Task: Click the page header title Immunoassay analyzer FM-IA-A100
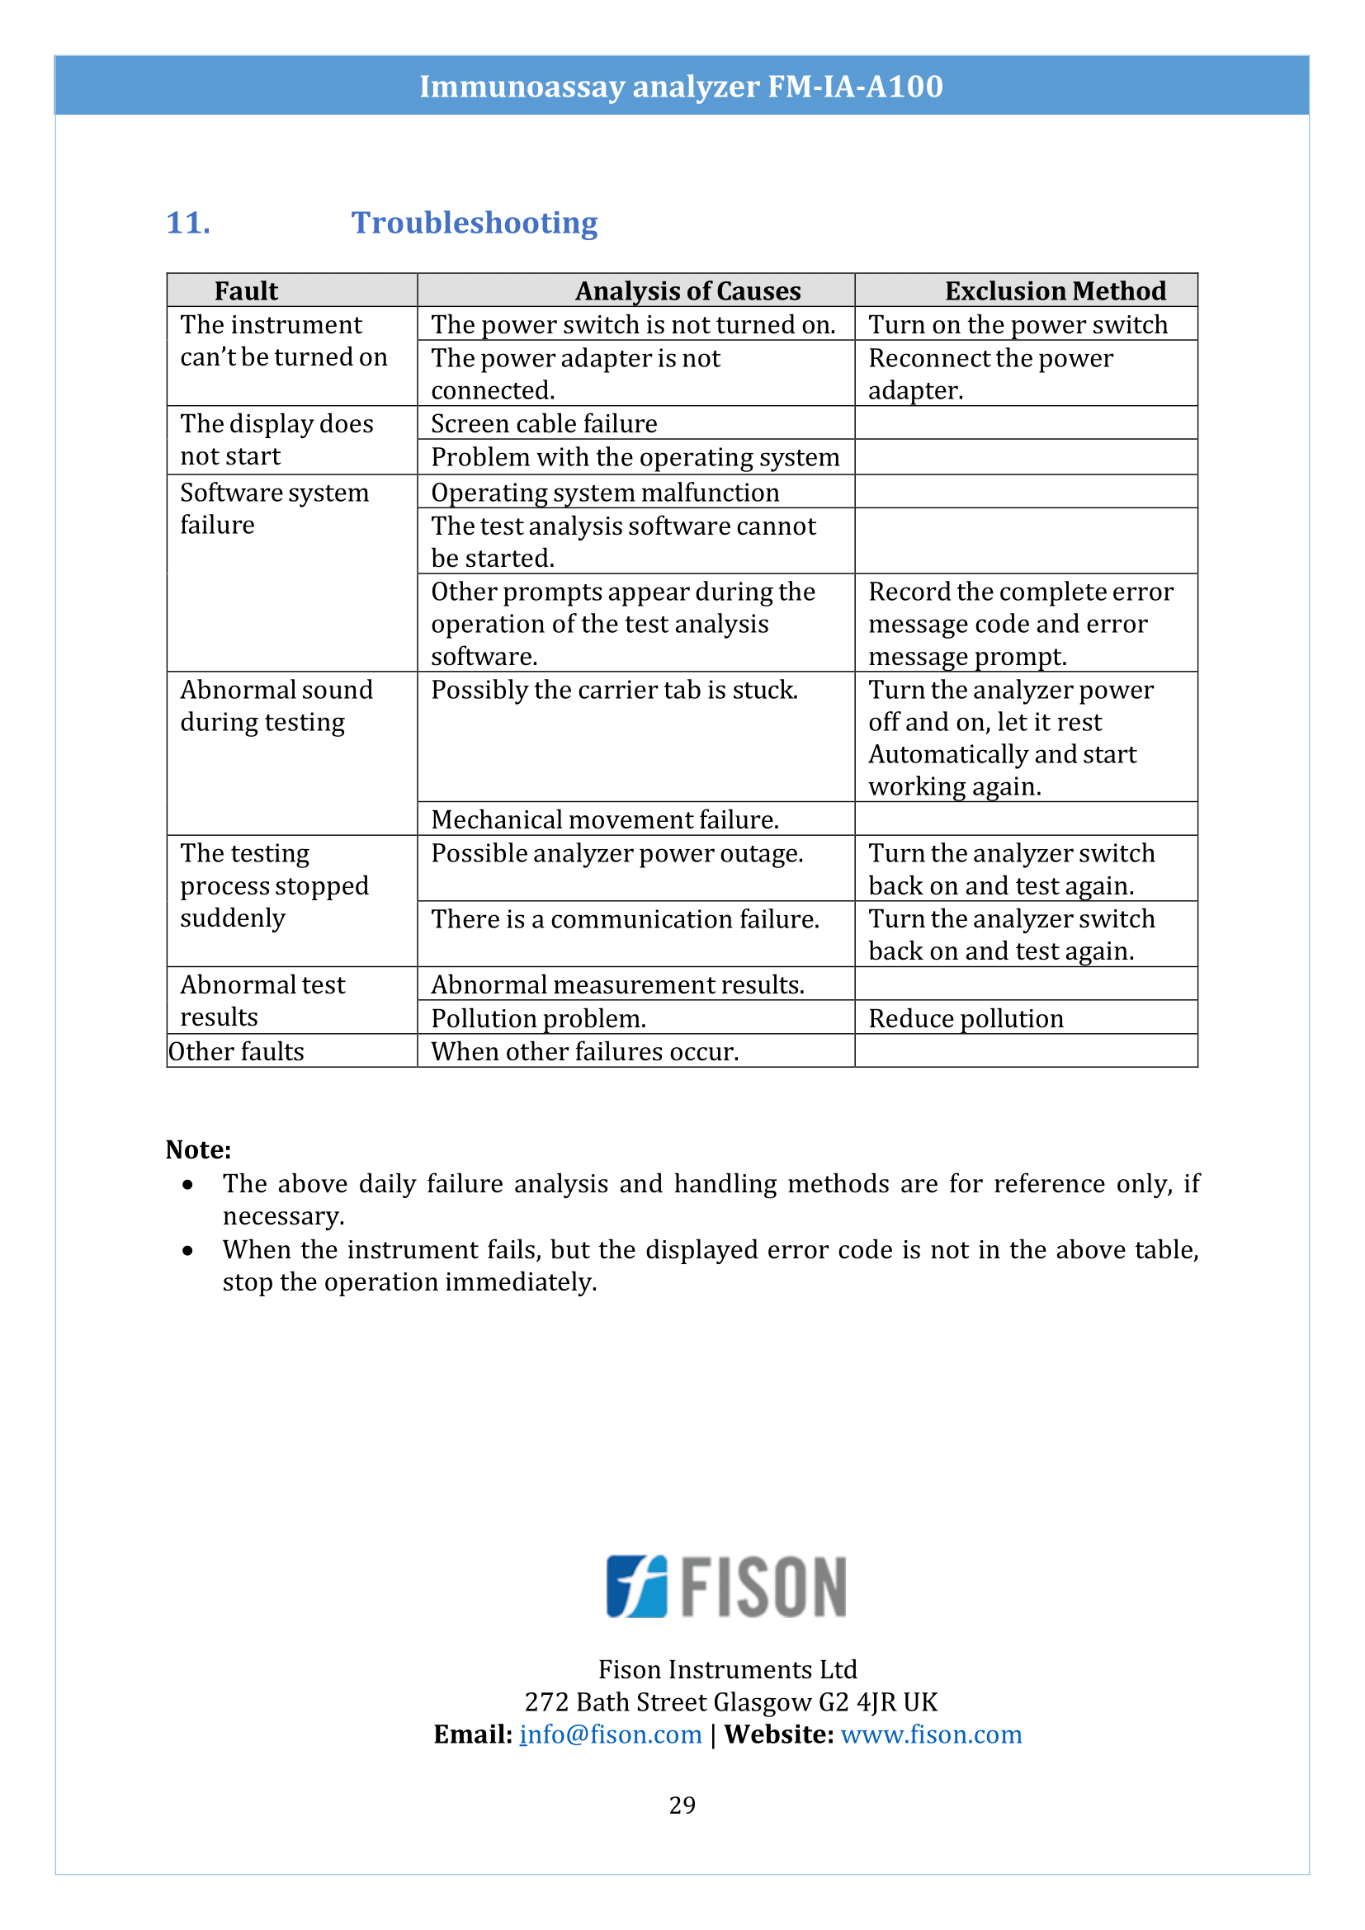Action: coord(681,87)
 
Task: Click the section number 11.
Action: coord(188,224)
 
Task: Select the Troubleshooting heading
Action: coord(474,224)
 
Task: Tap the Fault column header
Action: coord(246,290)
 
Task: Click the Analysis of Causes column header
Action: coord(687,290)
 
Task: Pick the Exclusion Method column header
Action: coord(1055,290)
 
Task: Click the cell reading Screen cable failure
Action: coord(544,423)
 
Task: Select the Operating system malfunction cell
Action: coord(605,493)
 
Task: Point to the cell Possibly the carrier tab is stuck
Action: coord(615,690)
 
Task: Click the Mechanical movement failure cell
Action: coord(605,819)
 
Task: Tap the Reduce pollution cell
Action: coord(966,1019)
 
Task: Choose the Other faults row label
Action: coord(236,1051)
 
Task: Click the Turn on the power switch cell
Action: coord(1018,324)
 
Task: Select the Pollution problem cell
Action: coord(539,1019)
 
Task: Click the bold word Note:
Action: coord(198,1149)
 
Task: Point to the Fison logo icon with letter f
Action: coord(637,1586)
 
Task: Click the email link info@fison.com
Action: coord(611,1734)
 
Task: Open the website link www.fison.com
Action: coord(931,1734)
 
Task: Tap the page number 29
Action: coord(682,1805)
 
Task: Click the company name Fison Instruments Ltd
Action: coord(727,1668)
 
